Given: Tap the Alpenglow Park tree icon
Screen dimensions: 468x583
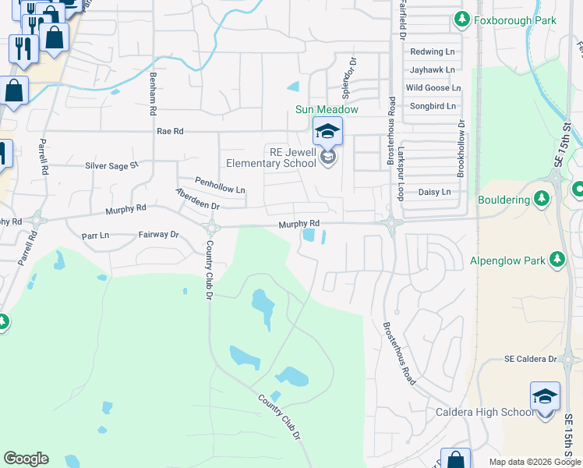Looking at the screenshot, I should tap(556, 260).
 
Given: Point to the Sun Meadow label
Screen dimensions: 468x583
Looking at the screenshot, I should tap(327, 109).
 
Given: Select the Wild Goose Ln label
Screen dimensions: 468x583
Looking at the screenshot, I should tap(433, 88).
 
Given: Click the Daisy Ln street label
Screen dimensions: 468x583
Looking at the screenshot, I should tap(435, 191).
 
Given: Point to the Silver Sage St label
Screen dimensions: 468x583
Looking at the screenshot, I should tap(111, 165).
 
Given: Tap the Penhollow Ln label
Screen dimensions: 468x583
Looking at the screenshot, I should tap(220, 190).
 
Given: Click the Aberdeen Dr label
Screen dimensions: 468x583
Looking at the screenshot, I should tap(198, 199).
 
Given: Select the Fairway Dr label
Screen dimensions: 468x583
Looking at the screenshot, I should tap(159, 234).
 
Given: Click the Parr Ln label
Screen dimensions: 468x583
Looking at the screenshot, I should tap(95, 234).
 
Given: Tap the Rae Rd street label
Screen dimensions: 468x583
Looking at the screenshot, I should tap(169, 132).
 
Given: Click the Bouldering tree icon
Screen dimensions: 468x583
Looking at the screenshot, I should tap(541, 200).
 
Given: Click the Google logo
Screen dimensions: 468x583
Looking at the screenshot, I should tap(26, 459).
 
